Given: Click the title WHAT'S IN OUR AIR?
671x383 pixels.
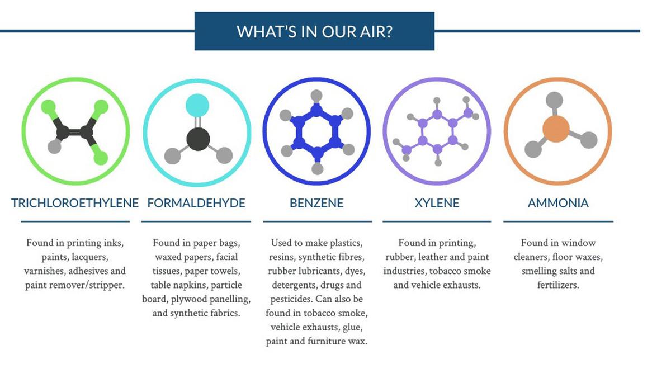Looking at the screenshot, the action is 314,31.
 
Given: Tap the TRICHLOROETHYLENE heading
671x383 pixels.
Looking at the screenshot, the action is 75,203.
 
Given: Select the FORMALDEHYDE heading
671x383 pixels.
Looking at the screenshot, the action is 196,203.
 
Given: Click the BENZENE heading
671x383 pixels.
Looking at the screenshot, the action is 316,203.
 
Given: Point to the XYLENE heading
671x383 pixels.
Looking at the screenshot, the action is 437,203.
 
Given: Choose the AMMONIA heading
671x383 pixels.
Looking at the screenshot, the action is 558,203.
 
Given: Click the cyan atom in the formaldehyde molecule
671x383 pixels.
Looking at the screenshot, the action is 197,105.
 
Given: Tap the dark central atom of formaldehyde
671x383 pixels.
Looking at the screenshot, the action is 198,139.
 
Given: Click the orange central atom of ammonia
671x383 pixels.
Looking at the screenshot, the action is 556,129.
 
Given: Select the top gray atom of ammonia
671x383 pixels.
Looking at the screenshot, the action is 554,100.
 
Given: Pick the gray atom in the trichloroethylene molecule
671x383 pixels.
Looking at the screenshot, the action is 55,146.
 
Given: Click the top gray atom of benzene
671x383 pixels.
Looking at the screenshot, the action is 316,96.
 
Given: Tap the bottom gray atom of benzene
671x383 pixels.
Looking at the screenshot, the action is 317,168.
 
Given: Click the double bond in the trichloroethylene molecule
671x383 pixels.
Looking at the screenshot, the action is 75,132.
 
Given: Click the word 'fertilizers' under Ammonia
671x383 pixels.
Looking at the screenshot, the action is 558,285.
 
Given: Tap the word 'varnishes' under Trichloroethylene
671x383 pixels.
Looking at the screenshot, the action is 45,271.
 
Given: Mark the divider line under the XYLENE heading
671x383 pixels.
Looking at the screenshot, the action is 437,221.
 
